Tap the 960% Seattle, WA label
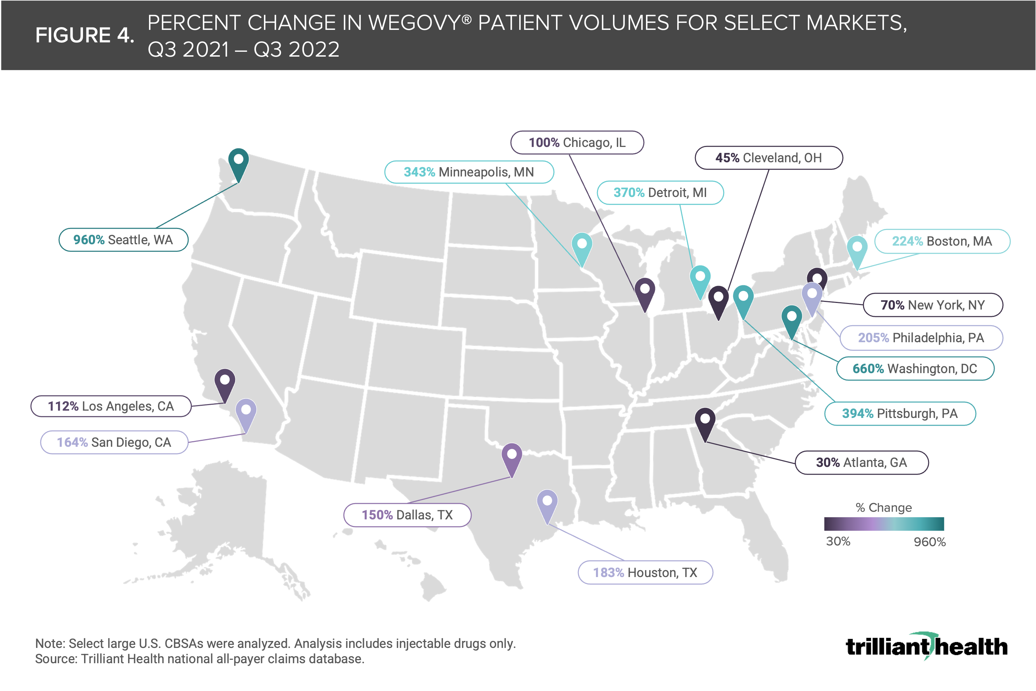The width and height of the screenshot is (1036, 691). pyautogui.click(x=123, y=240)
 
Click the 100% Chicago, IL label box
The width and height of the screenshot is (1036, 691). pyautogui.click(x=577, y=142)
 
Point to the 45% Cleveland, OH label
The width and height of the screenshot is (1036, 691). pyautogui.click(x=769, y=158)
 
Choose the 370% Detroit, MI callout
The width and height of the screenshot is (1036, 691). pyautogui.click(x=660, y=192)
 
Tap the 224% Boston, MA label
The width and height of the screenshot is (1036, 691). pyautogui.click(x=942, y=241)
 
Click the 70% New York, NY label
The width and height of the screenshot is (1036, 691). pyautogui.click(x=933, y=305)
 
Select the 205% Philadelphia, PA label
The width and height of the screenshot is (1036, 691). pyautogui.click(x=921, y=338)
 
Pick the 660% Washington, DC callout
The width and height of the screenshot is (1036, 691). pyautogui.click(x=915, y=368)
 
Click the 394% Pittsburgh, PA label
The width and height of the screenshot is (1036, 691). pyautogui.click(x=900, y=413)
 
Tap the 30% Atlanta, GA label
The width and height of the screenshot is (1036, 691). pyautogui.click(x=862, y=462)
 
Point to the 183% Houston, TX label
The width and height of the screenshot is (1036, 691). pyautogui.click(x=645, y=573)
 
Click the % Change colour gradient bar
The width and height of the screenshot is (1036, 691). pyautogui.click(x=884, y=524)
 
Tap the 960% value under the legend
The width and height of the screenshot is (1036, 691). pyautogui.click(x=929, y=542)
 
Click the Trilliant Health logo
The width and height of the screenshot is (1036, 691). pyautogui.click(x=926, y=646)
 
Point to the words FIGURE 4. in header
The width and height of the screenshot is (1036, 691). pyautogui.click(x=85, y=35)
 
